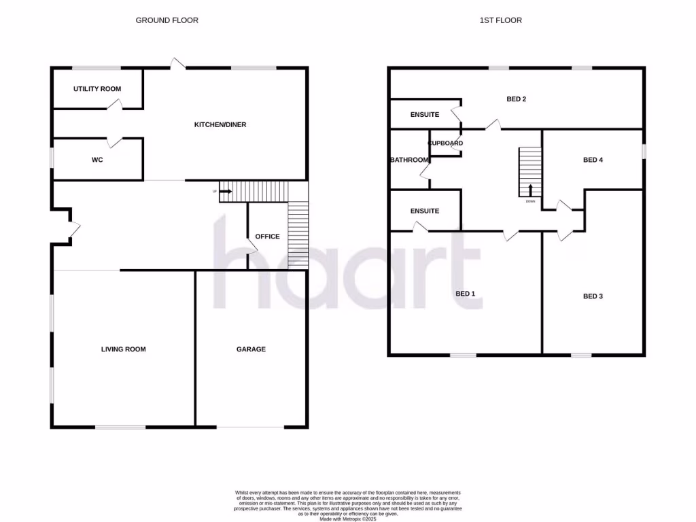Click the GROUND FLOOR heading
pyautogui.click(x=167, y=20)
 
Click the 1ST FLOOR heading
pyautogui.click(x=500, y=20)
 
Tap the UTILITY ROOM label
pyautogui.click(x=97, y=89)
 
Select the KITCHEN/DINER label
pyautogui.click(x=220, y=125)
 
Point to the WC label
pyautogui.click(x=97, y=160)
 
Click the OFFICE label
pyautogui.click(x=267, y=237)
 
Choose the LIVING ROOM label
pyautogui.click(x=123, y=349)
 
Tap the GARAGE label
pyautogui.click(x=251, y=349)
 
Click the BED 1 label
pyautogui.click(x=465, y=294)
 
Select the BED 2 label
pyautogui.click(x=517, y=99)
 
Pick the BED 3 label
pyautogui.click(x=593, y=296)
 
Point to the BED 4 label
pyautogui.click(x=593, y=160)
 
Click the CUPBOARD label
pyautogui.click(x=446, y=143)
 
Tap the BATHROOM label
pyautogui.click(x=409, y=160)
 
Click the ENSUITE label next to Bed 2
pyautogui.click(x=425, y=115)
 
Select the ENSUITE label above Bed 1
pyautogui.click(x=425, y=211)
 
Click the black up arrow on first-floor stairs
pyautogui.click(x=530, y=190)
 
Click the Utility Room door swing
pyautogui.click(x=115, y=104)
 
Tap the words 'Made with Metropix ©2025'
pyautogui.click(x=348, y=519)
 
